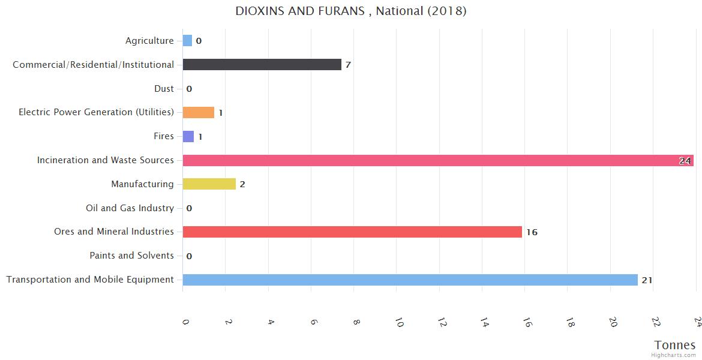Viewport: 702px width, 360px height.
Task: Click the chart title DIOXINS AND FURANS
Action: tap(351, 11)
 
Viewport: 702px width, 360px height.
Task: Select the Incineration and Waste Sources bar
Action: tap(438, 160)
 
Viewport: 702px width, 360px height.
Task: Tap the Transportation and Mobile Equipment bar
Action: tap(410, 280)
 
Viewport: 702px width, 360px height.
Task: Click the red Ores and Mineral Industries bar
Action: tap(352, 232)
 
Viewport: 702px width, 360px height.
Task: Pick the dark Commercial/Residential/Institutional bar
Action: tap(262, 64)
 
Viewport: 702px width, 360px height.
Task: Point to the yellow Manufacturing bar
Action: tap(209, 184)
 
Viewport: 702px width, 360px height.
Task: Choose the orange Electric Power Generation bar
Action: tap(198, 112)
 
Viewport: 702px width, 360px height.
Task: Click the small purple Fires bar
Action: tap(188, 136)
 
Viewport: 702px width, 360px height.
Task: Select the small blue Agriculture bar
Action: tap(187, 41)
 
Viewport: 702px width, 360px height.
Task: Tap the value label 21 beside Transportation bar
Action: tap(647, 280)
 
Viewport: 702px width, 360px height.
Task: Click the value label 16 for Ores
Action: tap(532, 232)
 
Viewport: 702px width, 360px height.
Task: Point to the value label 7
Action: tap(348, 65)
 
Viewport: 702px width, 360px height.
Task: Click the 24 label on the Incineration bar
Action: tap(685, 161)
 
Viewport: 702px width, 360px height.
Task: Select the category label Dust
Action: tap(164, 89)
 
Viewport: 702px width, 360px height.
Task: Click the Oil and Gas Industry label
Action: tap(130, 208)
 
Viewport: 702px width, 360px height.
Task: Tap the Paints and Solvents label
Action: tap(131, 256)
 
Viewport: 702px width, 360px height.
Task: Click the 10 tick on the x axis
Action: tap(398, 323)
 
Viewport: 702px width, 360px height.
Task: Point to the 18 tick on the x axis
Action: tap(569, 323)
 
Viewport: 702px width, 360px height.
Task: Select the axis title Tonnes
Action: tap(675, 345)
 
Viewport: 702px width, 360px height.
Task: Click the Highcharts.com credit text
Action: tap(674, 355)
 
